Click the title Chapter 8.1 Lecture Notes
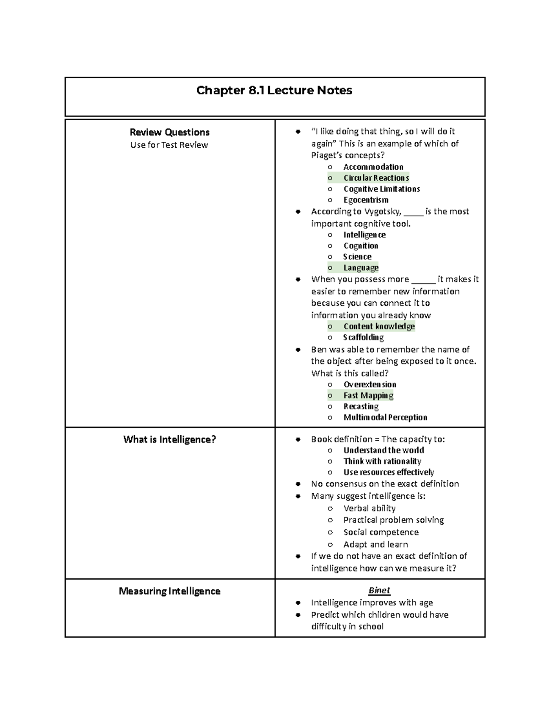(x=274, y=91)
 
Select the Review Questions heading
(x=169, y=132)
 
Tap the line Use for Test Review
(x=169, y=145)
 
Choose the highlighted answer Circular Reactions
(x=376, y=178)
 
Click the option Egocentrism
(x=366, y=200)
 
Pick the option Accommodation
(x=373, y=167)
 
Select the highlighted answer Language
(x=361, y=267)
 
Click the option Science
(x=357, y=256)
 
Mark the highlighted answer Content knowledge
(x=379, y=326)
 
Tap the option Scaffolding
(x=364, y=337)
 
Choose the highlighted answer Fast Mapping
(x=368, y=395)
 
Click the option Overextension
(x=370, y=384)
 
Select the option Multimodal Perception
(x=385, y=417)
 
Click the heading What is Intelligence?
(x=169, y=439)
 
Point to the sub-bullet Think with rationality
(x=382, y=461)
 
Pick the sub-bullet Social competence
(x=381, y=532)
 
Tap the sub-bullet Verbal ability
(x=369, y=508)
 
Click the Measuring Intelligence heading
(x=169, y=591)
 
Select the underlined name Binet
(x=379, y=590)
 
